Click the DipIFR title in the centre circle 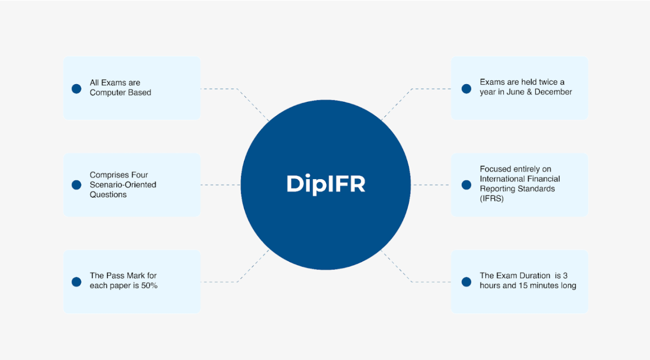pos(326,184)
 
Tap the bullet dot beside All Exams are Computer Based pos(77,88)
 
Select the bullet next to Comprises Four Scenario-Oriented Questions pos(77,185)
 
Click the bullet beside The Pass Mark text pos(77,282)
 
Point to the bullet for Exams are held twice pos(466,88)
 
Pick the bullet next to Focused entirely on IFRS pos(466,185)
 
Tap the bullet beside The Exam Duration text pos(466,282)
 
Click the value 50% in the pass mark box pos(149,286)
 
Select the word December pos(553,92)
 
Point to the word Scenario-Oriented pos(123,185)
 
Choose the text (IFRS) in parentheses pos(491,199)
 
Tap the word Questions pos(108,195)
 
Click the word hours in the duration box pos(490,286)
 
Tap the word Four pos(138,175)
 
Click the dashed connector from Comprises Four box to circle pos(220,185)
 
